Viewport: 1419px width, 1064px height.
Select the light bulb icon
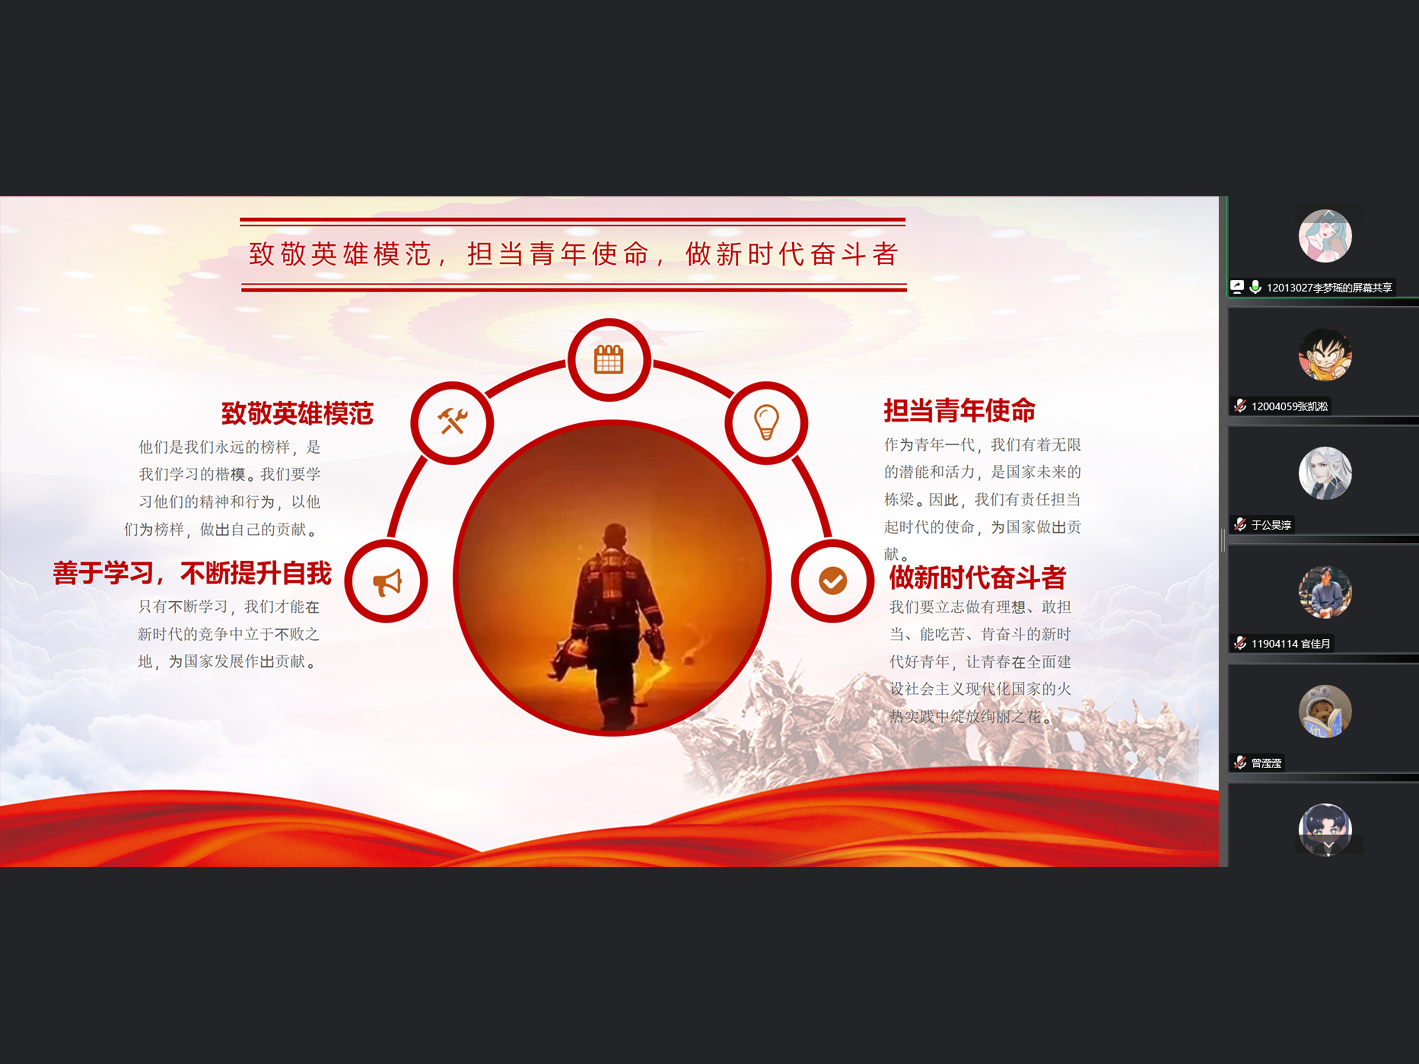[766, 422]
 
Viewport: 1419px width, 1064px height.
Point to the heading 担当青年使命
[960, 410]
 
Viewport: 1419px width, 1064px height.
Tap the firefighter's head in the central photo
[615, 536]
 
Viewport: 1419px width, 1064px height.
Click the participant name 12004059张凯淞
[1289, 406]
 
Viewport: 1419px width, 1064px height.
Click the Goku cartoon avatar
[1325, 355]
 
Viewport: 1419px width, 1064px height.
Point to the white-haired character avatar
[1325, 473]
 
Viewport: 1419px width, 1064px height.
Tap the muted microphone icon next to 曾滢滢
[1240, 763]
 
